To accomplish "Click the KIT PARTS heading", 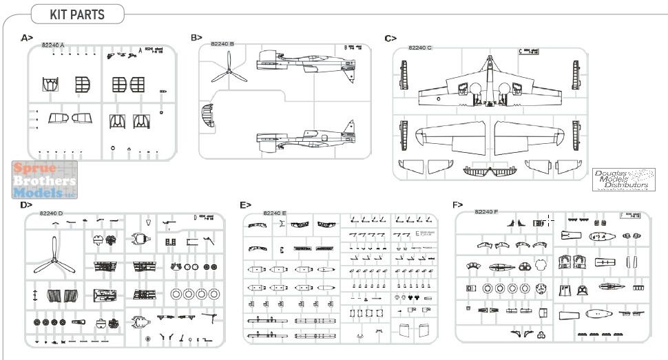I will tap(77, 15).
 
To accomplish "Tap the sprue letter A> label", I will tap(27, 37).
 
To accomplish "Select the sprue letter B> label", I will tap(196, 37).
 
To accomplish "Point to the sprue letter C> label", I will tap(390, 38).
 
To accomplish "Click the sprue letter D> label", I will tap(26, 204).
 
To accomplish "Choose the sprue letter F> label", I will tap(457, 204).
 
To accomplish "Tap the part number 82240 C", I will tap(420, 47).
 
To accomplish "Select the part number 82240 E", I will tap(275, 213).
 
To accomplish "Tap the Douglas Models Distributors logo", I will tap(623, 179).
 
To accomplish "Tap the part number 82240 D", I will tap(52, 213).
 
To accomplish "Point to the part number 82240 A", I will tap(53, 45).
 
